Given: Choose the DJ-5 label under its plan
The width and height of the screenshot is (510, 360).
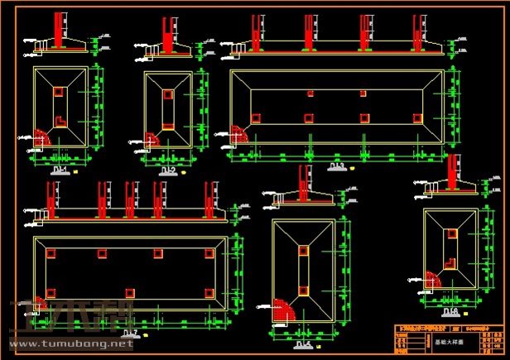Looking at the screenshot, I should [303, 343].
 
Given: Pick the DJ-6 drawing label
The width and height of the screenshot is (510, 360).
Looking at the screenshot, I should [451, 311].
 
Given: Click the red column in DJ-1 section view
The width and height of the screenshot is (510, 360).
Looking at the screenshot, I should [59, 30].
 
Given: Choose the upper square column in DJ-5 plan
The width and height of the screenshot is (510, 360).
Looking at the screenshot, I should [304, 247].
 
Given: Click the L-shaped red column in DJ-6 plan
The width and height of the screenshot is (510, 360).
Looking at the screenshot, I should [452, 264].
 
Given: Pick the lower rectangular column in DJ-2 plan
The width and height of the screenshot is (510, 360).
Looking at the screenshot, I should [168, 127].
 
